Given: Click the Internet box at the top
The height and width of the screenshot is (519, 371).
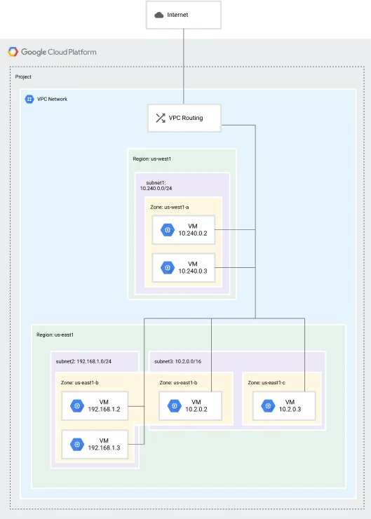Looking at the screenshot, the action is pos(183,15).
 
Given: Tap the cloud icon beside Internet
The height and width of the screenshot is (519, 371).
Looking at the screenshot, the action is pos(159,15).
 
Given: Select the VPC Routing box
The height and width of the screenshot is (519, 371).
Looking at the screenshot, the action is pos(184,118).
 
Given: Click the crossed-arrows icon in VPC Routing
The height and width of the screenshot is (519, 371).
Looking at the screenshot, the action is pos(161,118).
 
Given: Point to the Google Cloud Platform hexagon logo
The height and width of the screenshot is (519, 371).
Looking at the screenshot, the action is pos(13,52).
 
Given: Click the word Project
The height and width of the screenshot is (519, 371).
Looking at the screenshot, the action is pos(23,76).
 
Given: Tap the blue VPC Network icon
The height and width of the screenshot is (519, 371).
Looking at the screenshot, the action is pos(29,99).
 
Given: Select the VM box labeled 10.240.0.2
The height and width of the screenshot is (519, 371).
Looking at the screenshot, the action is pos(183,230).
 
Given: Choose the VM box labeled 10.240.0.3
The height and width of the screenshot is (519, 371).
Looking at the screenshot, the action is pos(183,267).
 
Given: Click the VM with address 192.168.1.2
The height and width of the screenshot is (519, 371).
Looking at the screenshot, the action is pos(95,406).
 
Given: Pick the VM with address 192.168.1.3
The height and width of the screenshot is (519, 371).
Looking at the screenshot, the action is pos(95,444).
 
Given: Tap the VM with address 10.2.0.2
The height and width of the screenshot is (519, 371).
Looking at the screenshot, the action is pos(190,406).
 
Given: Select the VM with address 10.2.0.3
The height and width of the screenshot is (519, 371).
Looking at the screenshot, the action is pos(284,406).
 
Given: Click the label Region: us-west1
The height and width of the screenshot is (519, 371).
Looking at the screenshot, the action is pos(152,159).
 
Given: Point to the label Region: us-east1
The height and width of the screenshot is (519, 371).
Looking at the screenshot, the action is pos(55,335).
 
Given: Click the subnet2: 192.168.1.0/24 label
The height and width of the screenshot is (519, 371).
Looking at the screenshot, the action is pos(83,361).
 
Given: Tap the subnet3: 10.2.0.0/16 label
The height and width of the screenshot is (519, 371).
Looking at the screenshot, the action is pos(177,361).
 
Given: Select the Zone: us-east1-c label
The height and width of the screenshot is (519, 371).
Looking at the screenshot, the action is pos(267,383).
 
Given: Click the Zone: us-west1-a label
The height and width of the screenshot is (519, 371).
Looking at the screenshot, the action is pos(170,207).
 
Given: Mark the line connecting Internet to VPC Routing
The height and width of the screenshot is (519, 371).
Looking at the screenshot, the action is pos(184,67).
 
